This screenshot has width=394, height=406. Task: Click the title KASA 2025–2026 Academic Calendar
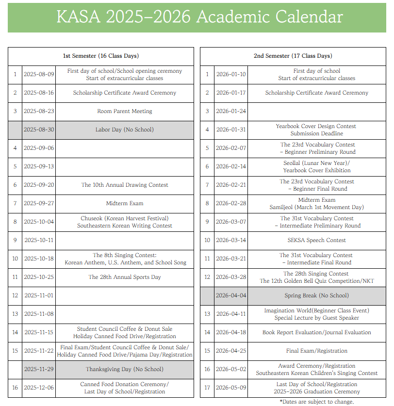pyautogui.click(x=199, y=17)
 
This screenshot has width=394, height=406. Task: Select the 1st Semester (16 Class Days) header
pyautogui.click(x=101, y=56)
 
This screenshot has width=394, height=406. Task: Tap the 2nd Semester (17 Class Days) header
pyautogui.click(x=293, y=56)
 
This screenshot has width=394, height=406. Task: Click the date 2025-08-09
pyautogui.click(x=39, y=74)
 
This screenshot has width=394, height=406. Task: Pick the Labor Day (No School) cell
pyautogui.click(x=125, y=130)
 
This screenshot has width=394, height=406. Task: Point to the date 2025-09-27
pyautogui.click(x=39, y=203)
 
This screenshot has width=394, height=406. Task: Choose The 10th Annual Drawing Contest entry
pyautogui.click(x=125, y=185)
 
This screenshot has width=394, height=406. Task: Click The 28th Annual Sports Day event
pyautogui.click(x=125, y=277)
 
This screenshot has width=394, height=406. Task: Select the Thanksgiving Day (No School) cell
pyautogui.click(x=125, y=369)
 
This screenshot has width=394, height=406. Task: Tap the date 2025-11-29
pyautogui.click(x=39, y=369)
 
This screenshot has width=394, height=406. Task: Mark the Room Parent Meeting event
pyautogui.click(x=125, y=111)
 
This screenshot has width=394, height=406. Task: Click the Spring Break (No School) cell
pyautogui.click(x=316, y=295)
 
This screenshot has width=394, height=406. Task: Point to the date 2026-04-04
pyautogui.click(x=231, y=295)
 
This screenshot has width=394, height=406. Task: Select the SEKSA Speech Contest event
pyautogui.click(x=316, y=240)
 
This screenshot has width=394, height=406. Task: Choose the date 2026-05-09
pyautogui.click(x=231, y=388)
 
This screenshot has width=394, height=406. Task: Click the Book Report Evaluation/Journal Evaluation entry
pyautogui.click(x=316, y=332)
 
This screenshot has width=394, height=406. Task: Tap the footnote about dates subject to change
pyautogui.click(x=316, y=402)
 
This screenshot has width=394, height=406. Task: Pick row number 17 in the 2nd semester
pyautogui.click(x=207, y=388)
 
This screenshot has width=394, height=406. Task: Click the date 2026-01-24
pyautogui.click(x=231, y=111)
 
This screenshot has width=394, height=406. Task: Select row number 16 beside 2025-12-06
pyautogui.click(x=15, y=388)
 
